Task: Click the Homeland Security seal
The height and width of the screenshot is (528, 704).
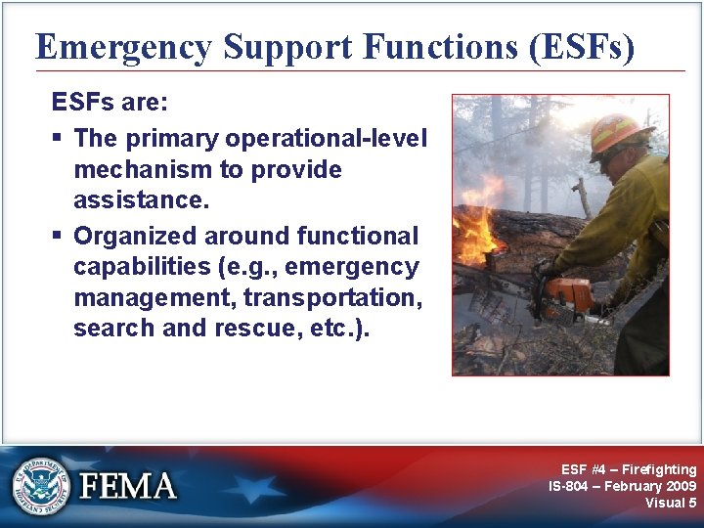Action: [x=41, y=485]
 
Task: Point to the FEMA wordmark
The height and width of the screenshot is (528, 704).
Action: [x=128, y=486]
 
